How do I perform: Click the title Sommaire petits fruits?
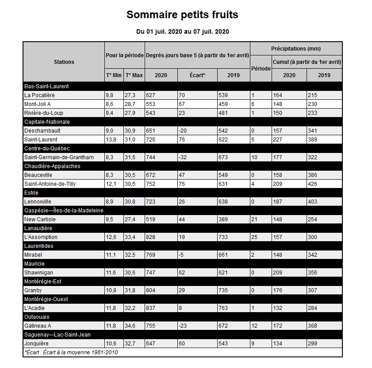(x=182, y=15)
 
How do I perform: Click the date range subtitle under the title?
(x=182, y=31)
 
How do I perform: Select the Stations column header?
(x=64, y=62)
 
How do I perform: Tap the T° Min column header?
(x=114, y=75)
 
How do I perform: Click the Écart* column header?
(x=197, y=75)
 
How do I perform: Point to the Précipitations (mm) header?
(x=296, y=48)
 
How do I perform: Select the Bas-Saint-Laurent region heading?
(x=46, y=86)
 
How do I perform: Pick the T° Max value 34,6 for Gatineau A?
(x=131, y=326)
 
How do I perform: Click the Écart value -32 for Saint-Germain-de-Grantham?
(x=184, y=157)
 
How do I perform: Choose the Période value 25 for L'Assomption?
(x=256, y=237)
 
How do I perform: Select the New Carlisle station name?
(x=40, y=219)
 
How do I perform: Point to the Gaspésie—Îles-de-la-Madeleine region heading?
(x=64, y=211)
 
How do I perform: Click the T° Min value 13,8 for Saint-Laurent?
(x=112, y=140)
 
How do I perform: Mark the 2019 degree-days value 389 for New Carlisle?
(x=225, y=219)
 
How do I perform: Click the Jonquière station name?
(x=37, y=344)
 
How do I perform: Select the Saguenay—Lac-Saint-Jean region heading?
(x=58, y=335)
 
